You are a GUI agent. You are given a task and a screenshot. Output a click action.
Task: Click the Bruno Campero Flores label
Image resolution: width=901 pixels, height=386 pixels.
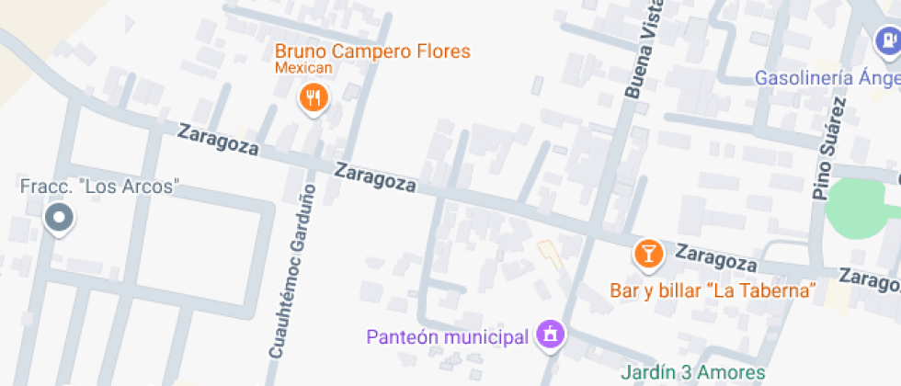[372, 51]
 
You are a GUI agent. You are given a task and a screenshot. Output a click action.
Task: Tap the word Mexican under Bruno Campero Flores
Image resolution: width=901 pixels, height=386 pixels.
[302, 68]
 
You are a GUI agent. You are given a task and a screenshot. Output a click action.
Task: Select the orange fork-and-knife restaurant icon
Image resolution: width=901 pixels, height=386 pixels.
[314, 98]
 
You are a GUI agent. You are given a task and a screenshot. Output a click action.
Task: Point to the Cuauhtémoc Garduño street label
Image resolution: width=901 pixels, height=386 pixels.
[292, 270]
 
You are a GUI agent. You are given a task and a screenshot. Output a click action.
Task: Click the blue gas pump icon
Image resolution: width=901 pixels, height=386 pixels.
[886, 40]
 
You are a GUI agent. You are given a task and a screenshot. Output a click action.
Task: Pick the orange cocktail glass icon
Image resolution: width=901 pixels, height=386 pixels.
[648, 253]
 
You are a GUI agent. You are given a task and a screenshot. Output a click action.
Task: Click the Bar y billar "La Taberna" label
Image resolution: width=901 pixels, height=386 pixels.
[713, 291]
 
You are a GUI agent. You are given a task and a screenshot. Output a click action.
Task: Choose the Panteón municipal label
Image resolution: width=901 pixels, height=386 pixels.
[447, 336]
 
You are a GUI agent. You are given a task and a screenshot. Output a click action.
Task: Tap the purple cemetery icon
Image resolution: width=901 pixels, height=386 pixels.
[551, 335]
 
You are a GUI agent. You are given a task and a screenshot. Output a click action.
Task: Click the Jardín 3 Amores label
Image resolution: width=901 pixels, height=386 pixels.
[693, 372]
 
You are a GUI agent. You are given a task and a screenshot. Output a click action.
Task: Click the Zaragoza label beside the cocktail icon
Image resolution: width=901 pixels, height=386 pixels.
[717, 258]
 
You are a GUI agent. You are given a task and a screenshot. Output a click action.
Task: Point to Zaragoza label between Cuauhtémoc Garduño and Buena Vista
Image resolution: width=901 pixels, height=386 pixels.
[374, 177]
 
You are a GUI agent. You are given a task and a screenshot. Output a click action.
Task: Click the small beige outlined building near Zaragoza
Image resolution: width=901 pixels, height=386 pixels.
[551, 253]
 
